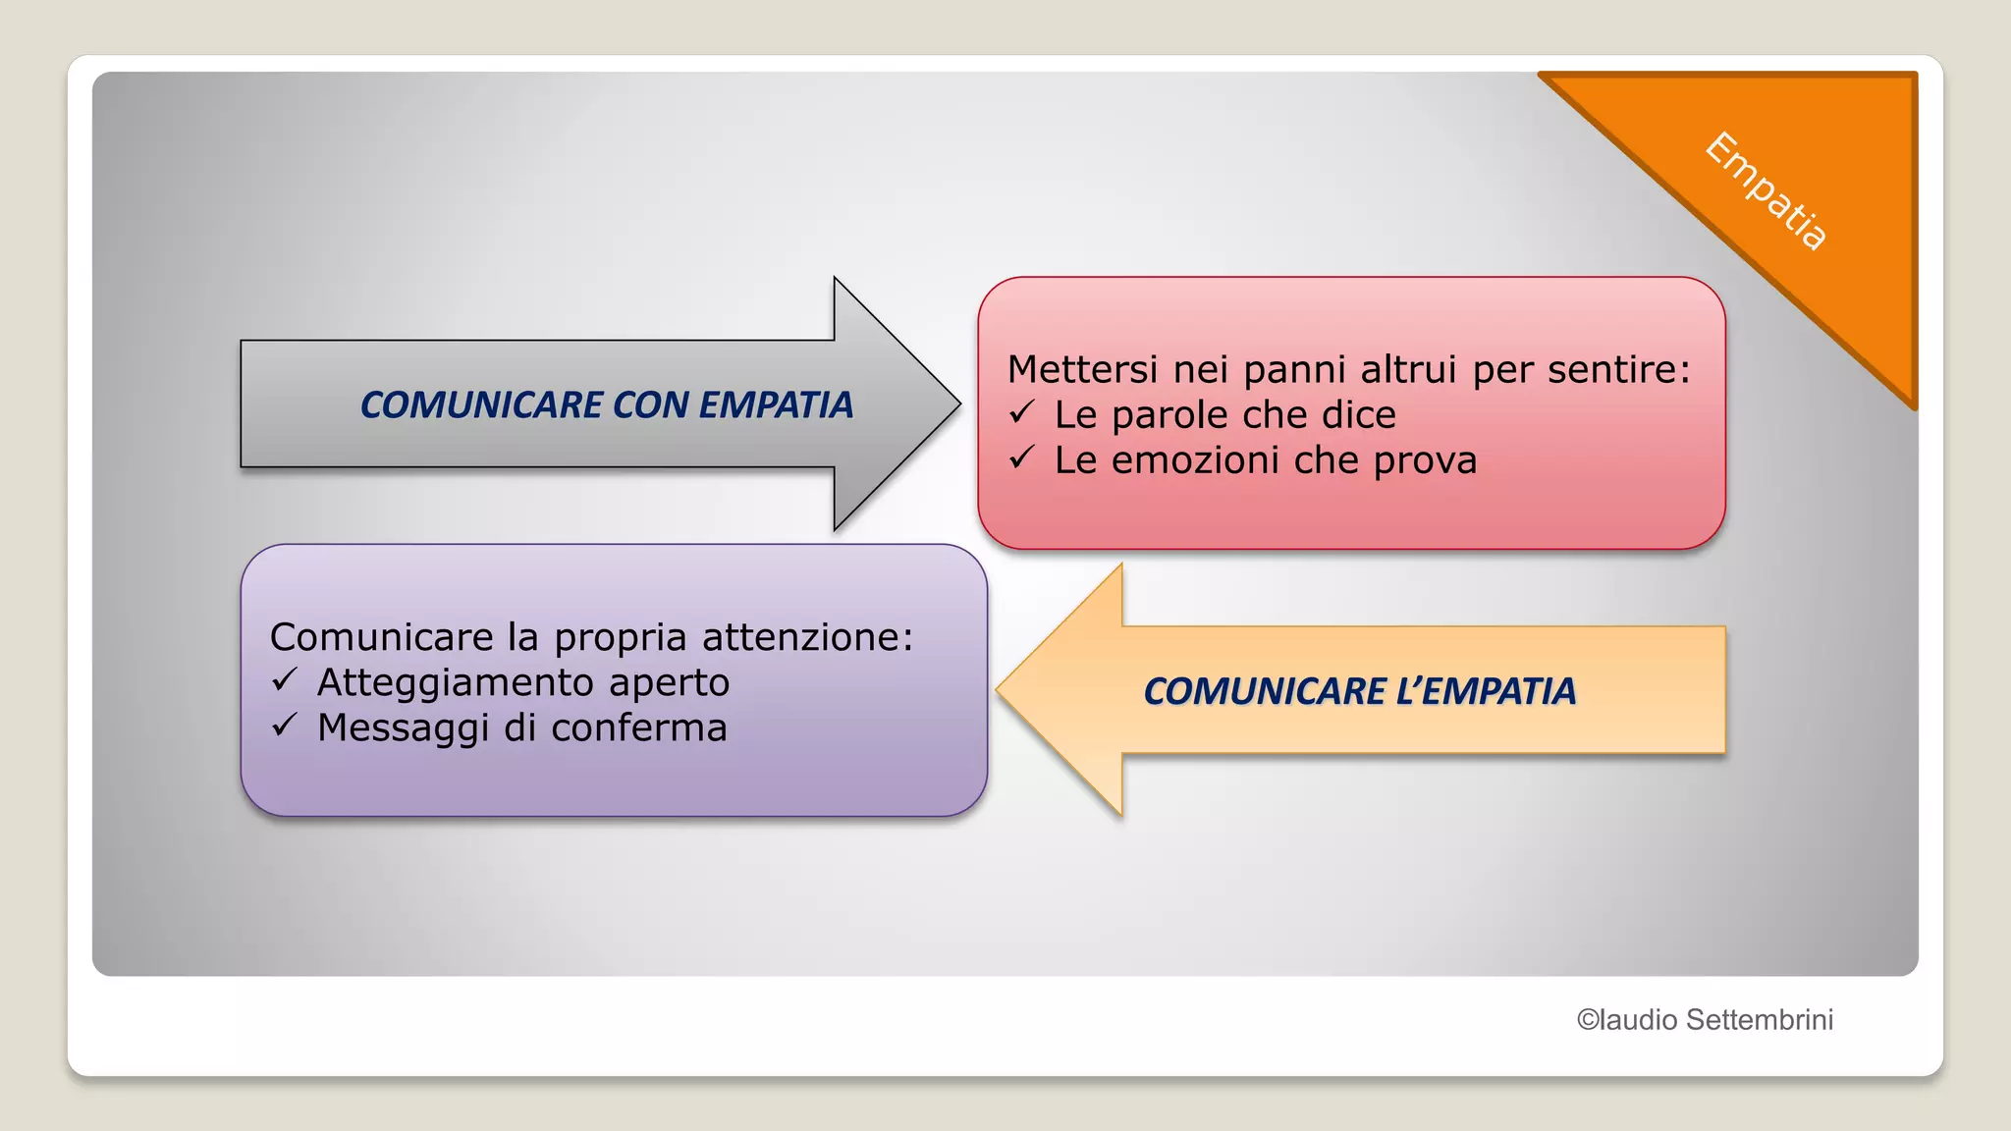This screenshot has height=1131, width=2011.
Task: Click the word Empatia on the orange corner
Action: coord(1766,191)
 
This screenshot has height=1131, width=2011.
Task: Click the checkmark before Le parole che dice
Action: coord(1022,412)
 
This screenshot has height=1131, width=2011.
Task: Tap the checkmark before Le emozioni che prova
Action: coord(1022,458)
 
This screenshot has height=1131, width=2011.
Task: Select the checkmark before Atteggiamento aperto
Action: coord(285,679)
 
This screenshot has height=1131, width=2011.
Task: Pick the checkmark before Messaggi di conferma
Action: coord(285,725)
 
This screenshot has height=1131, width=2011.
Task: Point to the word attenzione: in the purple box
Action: coord(807,638)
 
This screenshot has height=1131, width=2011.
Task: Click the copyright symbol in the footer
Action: coord(1588,1020)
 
